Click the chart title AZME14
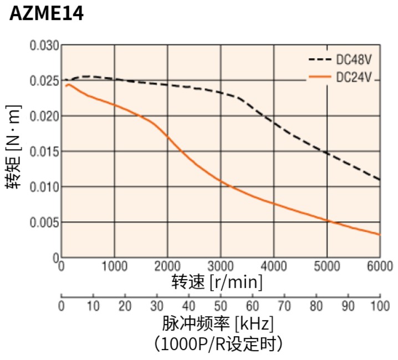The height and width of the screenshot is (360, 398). [x=47, y=14]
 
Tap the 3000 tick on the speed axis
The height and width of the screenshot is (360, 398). [x=221, y=265]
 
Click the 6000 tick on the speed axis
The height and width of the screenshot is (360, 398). [x=380, y=265]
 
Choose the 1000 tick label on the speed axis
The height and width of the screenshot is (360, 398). [x=114, y=265]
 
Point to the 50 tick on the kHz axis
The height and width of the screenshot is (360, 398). [x=221, y=305]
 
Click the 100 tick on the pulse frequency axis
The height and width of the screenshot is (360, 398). [x=380, y=305]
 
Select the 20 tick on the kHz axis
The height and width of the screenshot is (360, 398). [x=125, y=305]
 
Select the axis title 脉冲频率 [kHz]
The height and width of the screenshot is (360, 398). [x=218, y=323]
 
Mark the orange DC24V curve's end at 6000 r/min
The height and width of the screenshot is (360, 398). [x=380, y=235]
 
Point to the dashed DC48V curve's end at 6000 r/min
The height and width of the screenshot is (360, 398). [x=380, y=179]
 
